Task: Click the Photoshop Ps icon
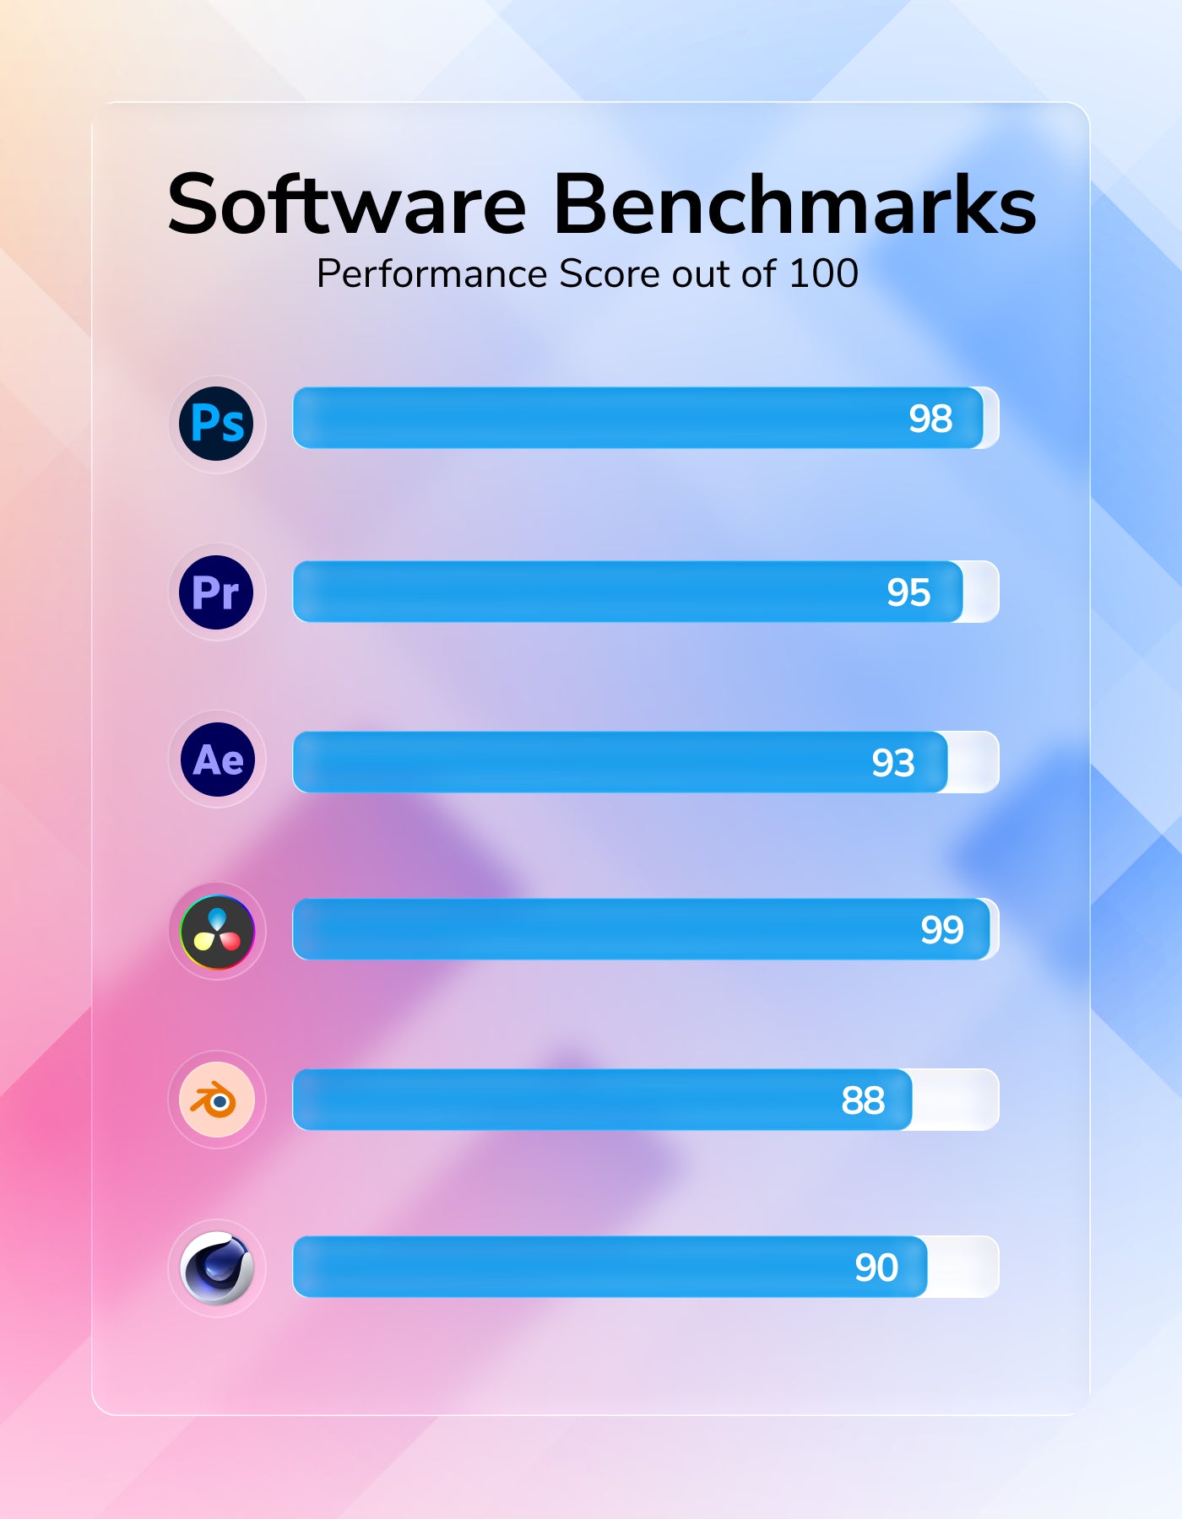pos(217,424)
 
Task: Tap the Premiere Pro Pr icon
pos(217,592)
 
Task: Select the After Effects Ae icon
pos(218,759)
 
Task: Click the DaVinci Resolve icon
pos(217,932)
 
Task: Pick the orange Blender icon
pos(217,1100)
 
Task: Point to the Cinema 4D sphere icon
pos(217,1268)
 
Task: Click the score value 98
pos(930,419)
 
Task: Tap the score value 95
pos(908,592)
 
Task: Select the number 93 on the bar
pos(893,763)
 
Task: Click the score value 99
pos(942,930)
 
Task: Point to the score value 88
pos(863,1100)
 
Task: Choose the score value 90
pos(876,1268)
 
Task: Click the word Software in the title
pos(347,205)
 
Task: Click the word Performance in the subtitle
pos(431,274)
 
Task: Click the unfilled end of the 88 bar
pos(955,1100)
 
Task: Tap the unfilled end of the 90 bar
pos(962,1267)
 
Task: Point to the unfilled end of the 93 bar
pos(973,762)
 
